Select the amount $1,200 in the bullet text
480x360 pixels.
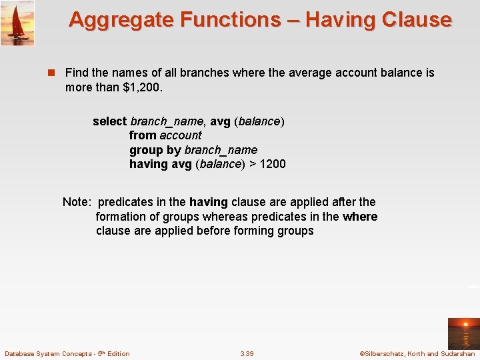(x=143, y=87)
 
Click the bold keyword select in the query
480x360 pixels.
(x=109, y=121)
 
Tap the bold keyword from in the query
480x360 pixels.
(x=143, y=135)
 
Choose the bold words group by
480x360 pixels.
(x=155, y=150)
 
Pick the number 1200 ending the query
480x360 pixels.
(x=273, y=164)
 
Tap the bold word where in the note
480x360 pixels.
(x=360, y=217)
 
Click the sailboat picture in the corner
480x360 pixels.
(x=17, y=23)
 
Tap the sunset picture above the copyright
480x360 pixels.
(x=463, y=333)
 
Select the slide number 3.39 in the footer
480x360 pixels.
(x=247, y=353)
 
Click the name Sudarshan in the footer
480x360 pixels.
(x=458, y=353)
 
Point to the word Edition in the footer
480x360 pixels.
(x=117, y=353)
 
